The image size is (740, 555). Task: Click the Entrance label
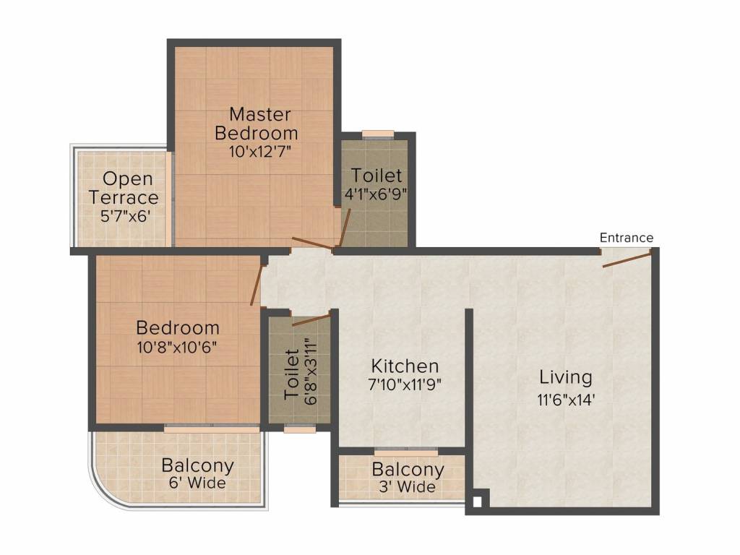(627, 237)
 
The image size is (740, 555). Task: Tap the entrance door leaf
(627, 259)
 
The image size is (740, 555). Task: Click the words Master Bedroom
(257, 124)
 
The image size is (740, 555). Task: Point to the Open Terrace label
(124, 188)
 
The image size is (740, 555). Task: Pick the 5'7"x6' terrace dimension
(126, 216)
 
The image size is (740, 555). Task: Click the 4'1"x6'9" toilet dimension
(376, 194)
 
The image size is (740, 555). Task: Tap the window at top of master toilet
(377, 134)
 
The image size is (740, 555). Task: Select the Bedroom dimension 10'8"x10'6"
(177, 348)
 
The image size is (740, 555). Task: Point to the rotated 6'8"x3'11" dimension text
(310, 371)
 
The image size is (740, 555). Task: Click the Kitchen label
(405, 366)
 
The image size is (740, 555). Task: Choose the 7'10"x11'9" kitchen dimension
(405, 384)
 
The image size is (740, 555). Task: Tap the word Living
(565, 377)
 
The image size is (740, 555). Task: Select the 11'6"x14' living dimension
(565, 400)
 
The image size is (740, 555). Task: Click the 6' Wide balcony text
(197, 483)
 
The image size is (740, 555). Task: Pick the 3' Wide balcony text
(408, 486)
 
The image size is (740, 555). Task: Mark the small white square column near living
(477, 502)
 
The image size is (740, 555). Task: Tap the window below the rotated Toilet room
(300, 429)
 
